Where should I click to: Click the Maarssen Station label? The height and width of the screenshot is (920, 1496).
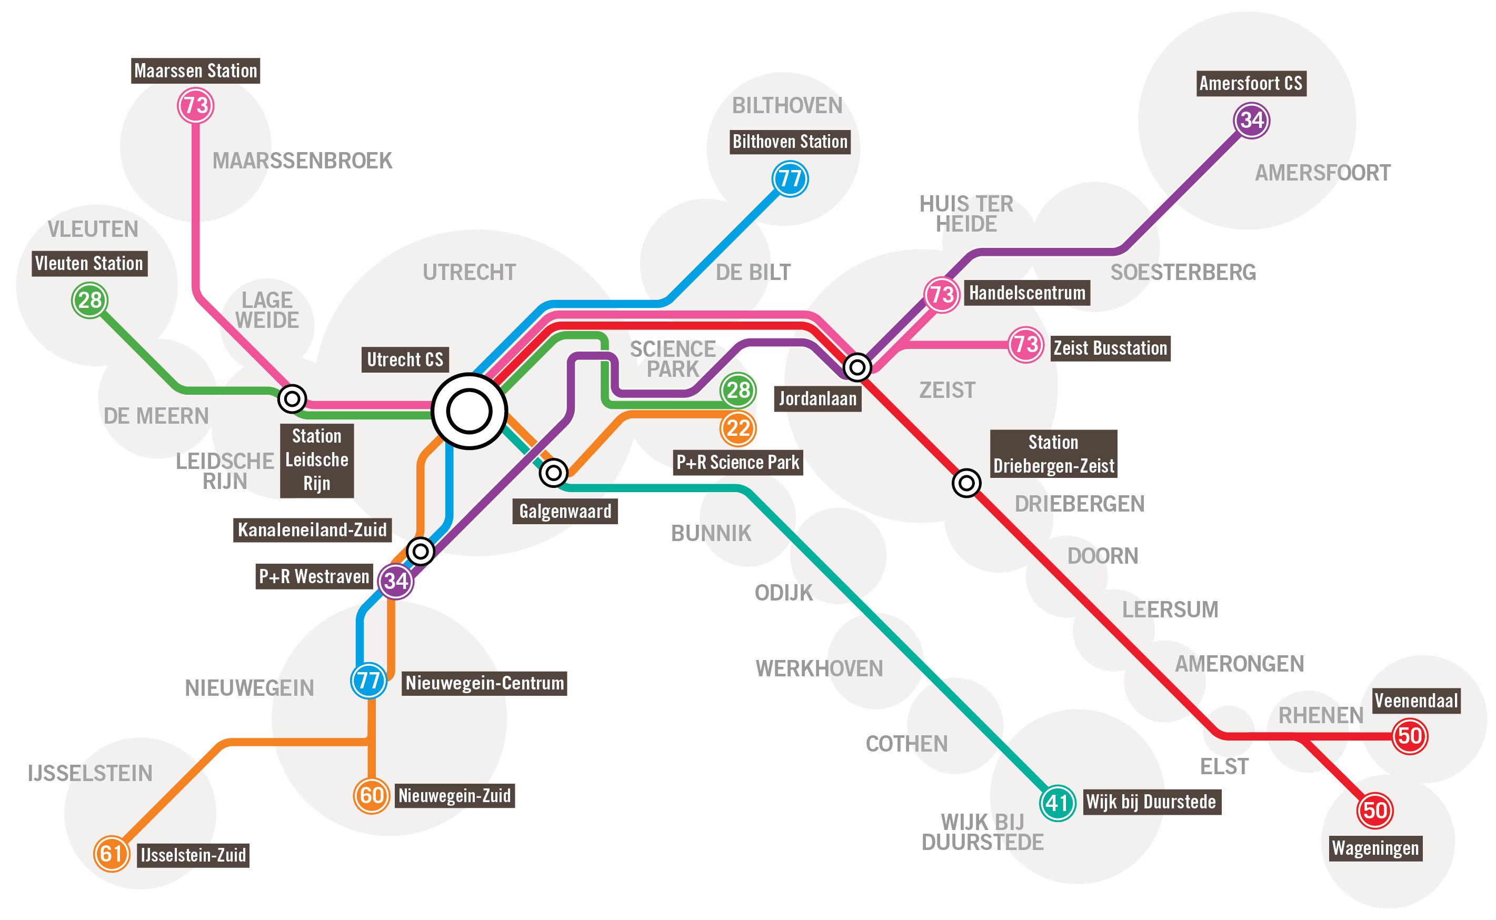point(195,71)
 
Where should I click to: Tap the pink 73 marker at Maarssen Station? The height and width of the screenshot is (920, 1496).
point(195,105)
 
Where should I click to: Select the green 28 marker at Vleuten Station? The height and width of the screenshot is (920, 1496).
point(90,300)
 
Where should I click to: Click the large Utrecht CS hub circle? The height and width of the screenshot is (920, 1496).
point(469,412)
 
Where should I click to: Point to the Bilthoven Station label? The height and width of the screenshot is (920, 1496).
point(790,142)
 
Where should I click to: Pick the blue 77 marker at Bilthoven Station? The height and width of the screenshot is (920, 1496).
point(790,179)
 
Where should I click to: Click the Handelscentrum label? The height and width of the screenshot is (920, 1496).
point(1027,293)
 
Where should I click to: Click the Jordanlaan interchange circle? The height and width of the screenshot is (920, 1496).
point(857,367)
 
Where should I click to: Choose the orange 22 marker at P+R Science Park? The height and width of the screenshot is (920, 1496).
point(738,428)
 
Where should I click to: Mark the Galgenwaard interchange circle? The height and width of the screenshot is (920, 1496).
point(554,472)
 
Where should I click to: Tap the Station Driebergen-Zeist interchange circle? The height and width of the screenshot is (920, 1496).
point(966,483)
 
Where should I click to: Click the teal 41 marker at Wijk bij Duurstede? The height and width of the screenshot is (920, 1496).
point(1058,803)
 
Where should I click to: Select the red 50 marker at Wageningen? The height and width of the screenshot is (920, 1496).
point(1375,811)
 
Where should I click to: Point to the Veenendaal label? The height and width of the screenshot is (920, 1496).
point(1417,701)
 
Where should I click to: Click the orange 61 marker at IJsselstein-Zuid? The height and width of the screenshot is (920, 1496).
point(112,854)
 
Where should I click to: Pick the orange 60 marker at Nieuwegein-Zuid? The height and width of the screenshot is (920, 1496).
point(371,795)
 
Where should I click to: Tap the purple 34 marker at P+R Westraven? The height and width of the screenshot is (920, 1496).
point(396,581)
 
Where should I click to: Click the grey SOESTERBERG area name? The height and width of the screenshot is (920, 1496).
point(1183,272)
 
